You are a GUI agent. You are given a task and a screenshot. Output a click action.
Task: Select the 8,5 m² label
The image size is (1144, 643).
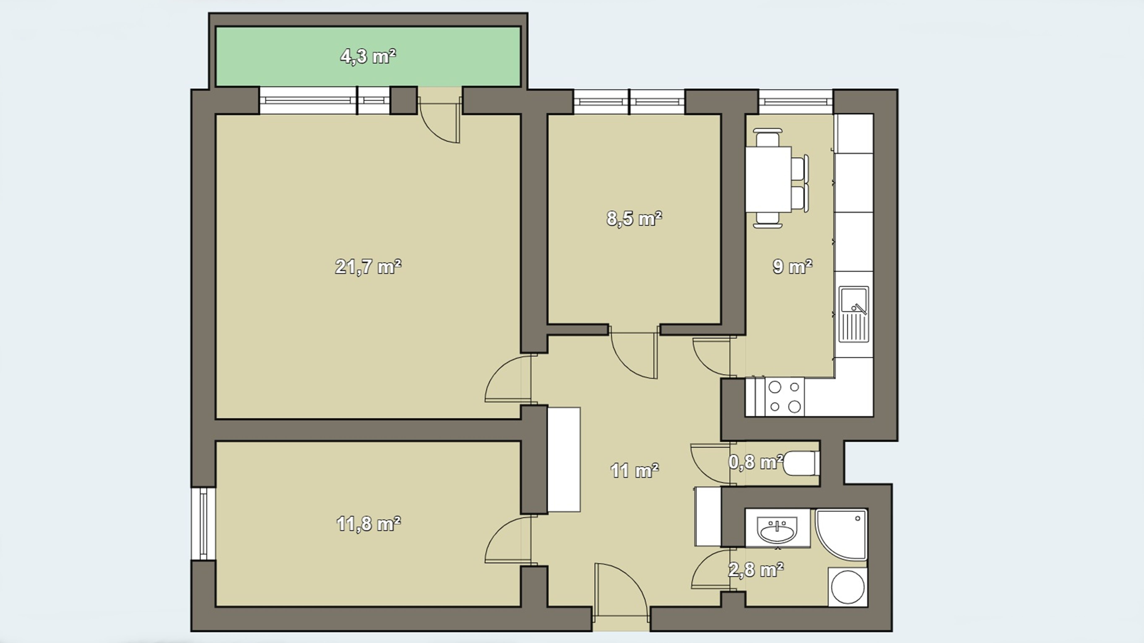click(634, 219)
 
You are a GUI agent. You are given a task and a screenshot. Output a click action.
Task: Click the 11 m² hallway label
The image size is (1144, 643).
click(634, 470)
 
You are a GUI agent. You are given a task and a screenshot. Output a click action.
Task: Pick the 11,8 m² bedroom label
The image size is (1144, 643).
click(368, 524)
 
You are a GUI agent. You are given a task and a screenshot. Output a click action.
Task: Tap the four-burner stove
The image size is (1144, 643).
click(784, 397)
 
